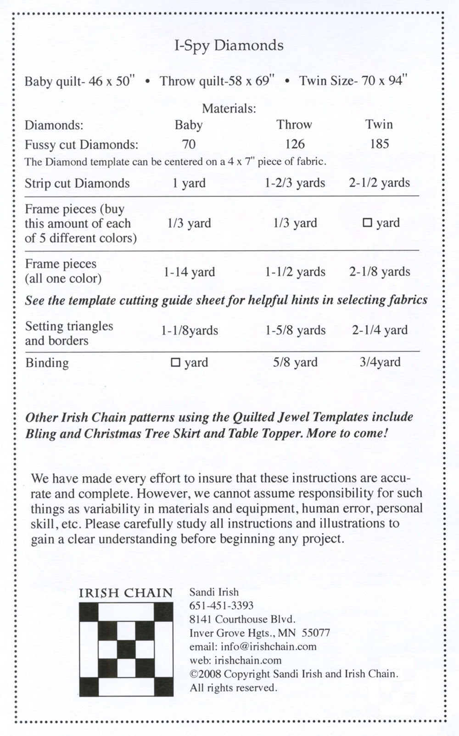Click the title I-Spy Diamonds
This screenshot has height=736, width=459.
229,46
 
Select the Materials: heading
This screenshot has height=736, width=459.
229,109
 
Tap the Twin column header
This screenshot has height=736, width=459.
379,124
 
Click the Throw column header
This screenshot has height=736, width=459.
294,124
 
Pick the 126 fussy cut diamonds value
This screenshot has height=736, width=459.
295,144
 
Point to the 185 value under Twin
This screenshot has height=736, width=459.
379,144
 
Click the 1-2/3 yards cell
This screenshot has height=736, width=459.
295,183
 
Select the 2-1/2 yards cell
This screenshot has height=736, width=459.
379,183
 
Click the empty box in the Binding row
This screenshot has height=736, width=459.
175,362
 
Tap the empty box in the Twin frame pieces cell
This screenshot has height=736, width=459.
367,223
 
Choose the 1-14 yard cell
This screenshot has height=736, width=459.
189,272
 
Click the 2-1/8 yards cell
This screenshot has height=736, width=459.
379,272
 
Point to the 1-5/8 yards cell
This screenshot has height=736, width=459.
295,330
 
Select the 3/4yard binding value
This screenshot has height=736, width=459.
380,362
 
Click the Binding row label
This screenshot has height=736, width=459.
47,363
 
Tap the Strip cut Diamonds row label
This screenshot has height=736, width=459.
77,183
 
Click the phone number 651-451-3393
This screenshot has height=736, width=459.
221,606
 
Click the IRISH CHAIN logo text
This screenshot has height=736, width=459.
126,592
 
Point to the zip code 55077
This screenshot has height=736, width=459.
316,633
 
